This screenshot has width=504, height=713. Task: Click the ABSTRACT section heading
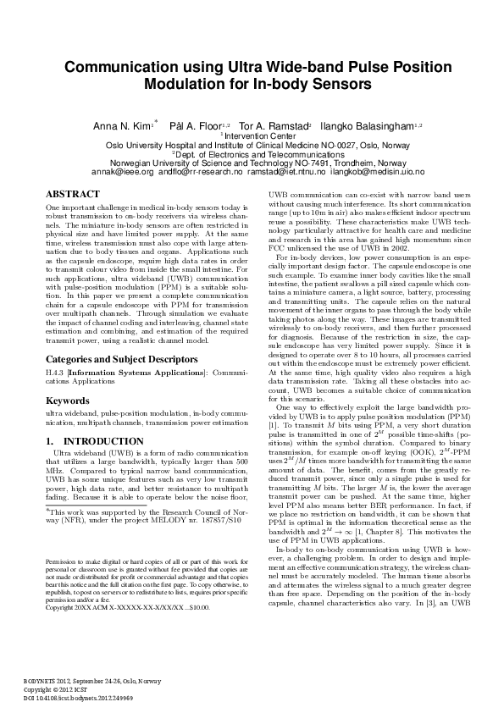[71, 194]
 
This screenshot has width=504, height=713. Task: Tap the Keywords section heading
[69, 400]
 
